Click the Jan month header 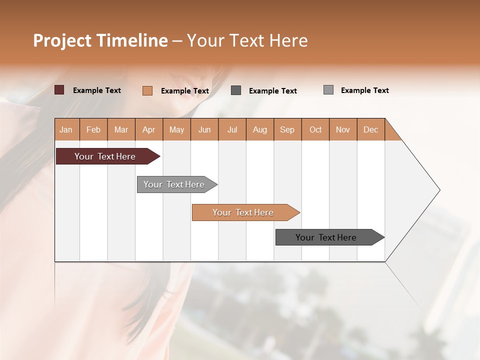click(66, 129)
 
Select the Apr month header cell click(149, 129)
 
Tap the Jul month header click(232, 129)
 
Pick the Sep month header click(287, 129)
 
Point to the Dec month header click(370, 129)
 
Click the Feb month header click(93, 129)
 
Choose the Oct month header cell click(315, 129)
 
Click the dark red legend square click(59, 90)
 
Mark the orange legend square click(147, 90)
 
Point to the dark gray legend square click(236, 90)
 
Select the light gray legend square click(328, 90)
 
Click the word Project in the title click(62, 40)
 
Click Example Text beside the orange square click(185, 91)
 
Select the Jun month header click(204, 129)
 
